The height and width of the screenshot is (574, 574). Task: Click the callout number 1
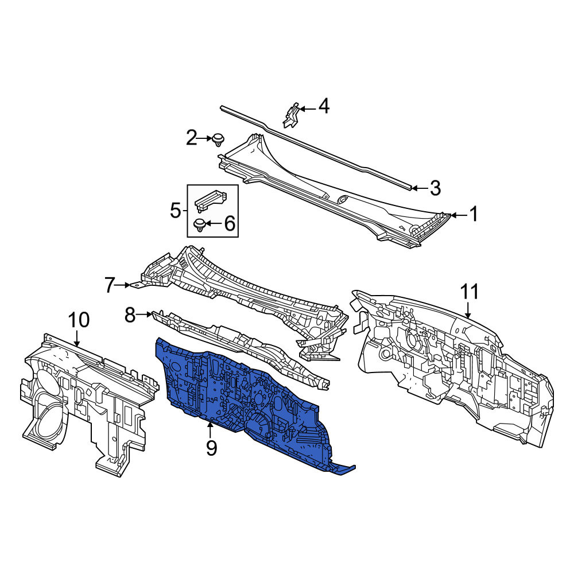[x=474, y=214]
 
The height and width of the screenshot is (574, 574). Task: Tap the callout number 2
[x=192, y=138]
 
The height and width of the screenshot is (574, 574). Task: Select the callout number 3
[x=435, y=188]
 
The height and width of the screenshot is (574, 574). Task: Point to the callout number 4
[x=324, y=106]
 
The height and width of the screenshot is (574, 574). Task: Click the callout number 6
[x=230, y=223]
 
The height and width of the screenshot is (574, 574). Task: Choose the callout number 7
[x=110, y=285]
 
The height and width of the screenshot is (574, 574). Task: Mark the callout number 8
[x=130, y=315]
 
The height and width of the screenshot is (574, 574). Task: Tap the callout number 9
[x=211, y=448]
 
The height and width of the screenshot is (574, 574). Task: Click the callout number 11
[x=470, y=292]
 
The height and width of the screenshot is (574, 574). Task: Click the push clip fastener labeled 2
[x=218, y=140]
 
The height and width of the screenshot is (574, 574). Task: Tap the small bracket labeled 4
[x=292, y=115]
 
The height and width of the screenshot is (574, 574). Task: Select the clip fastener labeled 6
[x=200, y=225]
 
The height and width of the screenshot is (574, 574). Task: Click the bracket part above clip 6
[x=211, y=200]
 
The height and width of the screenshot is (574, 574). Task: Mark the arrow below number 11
[x=468, y=310]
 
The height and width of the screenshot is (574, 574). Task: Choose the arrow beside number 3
[x=419, y=188]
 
